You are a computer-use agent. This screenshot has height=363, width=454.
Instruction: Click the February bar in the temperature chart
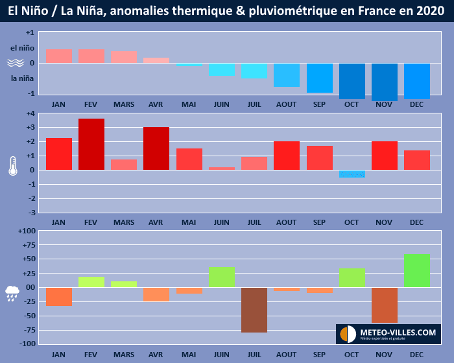click(x=91, y=144)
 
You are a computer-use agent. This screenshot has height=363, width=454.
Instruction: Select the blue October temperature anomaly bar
click(x=352, y=174)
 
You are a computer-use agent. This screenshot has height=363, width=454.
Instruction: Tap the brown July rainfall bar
click(x=254, y=310)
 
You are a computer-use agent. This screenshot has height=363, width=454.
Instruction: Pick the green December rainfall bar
click(x=417, y=270)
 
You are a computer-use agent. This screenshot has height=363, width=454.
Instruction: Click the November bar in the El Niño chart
click(x=384, y=82)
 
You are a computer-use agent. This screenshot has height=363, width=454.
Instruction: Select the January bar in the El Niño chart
click(x=59, y=56)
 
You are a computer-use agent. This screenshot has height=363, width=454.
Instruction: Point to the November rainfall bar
click(x=384, y=305)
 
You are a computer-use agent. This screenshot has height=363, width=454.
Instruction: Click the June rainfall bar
click(x=222, y=277)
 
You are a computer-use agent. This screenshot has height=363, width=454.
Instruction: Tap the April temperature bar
click(x=156, y=148)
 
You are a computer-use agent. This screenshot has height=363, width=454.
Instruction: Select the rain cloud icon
click(x=13, y=293)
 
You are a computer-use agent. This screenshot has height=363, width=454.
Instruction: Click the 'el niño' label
click(x=22, y=47)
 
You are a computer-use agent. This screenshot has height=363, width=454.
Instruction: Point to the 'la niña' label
click(x=22, y=78)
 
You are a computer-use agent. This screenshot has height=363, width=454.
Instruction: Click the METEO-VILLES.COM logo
click(x=388, y=334)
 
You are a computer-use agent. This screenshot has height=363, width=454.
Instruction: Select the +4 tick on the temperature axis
click(x=30, y=114)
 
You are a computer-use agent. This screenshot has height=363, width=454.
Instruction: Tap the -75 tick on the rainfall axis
click(x=27, y=329)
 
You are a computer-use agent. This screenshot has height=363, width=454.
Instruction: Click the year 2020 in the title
click(x=429, y=11)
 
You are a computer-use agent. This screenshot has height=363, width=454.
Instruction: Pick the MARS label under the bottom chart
click(x=124, y=355)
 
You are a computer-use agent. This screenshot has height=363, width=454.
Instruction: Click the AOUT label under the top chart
click(x=287, y=104)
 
